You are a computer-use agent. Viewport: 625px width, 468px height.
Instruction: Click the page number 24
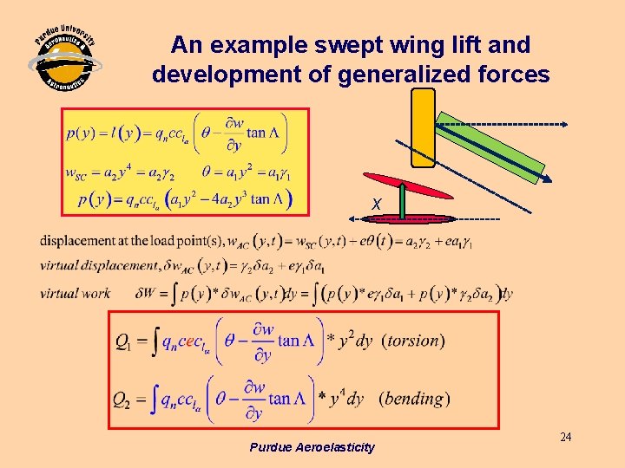[x=565, y=437]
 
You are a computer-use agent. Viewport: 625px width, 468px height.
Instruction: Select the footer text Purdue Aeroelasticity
[x=312, y=447]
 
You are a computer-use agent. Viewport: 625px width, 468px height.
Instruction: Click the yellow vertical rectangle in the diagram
[x=423, y=127]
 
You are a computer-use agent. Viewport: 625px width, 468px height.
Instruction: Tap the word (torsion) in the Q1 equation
[x=413, y=341]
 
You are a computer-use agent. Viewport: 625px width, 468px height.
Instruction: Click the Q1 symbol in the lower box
[x=126, y=341]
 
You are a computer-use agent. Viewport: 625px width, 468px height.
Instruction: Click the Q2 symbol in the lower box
[x=123, y=400]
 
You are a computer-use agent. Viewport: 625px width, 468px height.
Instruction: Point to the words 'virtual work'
[x=75, y=293]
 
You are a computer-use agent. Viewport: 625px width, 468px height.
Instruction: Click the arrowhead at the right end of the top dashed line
[x=564, y=124]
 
